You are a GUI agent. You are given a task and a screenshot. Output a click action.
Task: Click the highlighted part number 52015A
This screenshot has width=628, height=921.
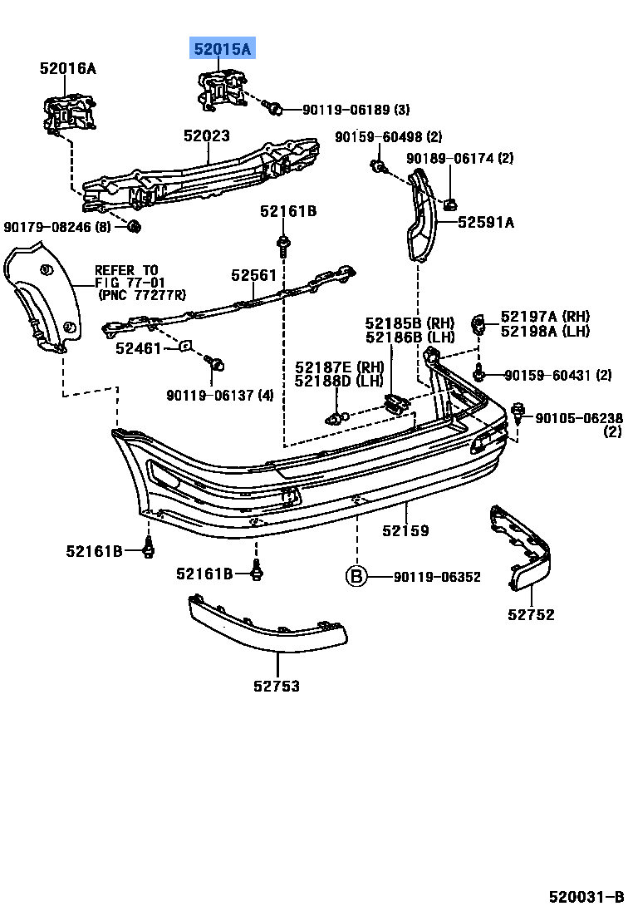[222, 50]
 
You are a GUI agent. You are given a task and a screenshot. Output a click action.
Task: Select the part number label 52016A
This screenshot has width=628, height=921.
[67, 69]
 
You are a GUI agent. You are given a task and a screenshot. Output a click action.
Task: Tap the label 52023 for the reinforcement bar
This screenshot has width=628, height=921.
[207, 136]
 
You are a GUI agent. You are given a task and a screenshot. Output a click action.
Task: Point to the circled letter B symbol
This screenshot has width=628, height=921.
[356, 577]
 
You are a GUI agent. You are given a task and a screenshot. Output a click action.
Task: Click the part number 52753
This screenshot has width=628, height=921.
[277, 686]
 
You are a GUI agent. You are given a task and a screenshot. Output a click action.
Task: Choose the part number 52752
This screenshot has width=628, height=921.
[531, 615]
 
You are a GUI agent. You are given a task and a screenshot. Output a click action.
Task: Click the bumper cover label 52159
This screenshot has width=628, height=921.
[405, 530]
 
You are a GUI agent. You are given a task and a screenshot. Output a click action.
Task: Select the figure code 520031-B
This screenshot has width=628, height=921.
[585, 898]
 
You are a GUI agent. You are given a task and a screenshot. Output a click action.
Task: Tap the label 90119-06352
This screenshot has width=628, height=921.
[437, 577]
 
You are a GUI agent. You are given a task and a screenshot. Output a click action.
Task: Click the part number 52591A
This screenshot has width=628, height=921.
[486, 222]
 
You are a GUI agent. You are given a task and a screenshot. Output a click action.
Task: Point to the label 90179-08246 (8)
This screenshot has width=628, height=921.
[56, 226]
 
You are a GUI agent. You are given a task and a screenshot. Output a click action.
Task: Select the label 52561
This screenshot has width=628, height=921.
[253, 274]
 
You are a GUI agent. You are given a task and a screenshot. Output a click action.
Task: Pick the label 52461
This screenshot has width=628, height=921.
[138, 349]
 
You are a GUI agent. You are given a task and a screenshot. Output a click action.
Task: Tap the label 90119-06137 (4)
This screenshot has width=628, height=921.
[219, 395]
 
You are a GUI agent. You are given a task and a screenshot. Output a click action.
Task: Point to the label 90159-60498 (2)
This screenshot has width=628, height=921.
[389, 137]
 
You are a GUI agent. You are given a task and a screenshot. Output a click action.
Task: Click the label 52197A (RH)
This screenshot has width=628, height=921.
[544, 316]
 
